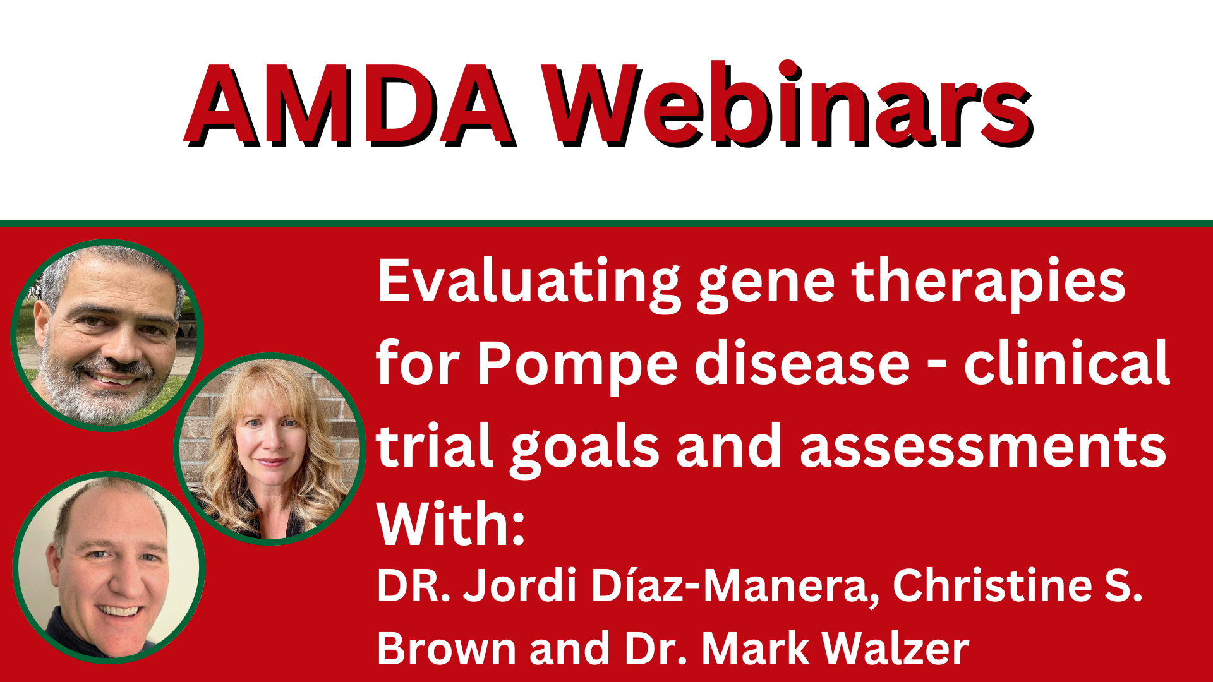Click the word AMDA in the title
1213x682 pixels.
tap(349, 105)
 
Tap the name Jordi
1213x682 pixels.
tap(520, 585)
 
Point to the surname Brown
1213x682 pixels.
tap(447, 649)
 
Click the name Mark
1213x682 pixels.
tap(756, 649)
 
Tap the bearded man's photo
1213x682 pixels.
tap(107, 335)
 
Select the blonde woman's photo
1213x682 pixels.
tap(270, 449)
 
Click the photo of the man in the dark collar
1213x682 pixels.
tap(109, 567)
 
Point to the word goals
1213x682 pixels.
tap(585, 448)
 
